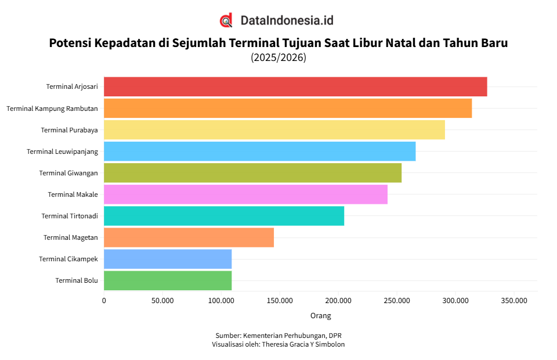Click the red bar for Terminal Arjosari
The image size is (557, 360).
coord(295,87)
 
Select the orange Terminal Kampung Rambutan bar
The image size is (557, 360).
coord(288,108)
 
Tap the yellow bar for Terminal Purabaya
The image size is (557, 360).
coord(274,129)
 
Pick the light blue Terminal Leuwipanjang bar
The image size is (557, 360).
coord(259,151)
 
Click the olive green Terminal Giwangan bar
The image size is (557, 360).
coord(252,173)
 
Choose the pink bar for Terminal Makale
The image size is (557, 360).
coord(245,195)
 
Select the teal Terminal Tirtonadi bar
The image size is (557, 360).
coord(224,216)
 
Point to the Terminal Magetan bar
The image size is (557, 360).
coord(189,237)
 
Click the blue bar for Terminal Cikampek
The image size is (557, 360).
coord(168,259)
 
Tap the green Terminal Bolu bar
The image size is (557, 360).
coord(168,280)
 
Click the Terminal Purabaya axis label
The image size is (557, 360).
coord(69,130)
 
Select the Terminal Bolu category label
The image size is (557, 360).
coord(77,281)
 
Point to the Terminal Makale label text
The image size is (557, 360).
coord(73,195)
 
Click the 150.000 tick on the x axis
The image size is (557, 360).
coord(279,301)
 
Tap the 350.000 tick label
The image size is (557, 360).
coord(513,301)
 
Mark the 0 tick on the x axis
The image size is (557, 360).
coord(104,301)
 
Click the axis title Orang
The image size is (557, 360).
coord(320,316)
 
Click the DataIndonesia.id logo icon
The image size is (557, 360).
coord(226,20)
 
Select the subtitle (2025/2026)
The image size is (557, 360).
coord(278,57)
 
